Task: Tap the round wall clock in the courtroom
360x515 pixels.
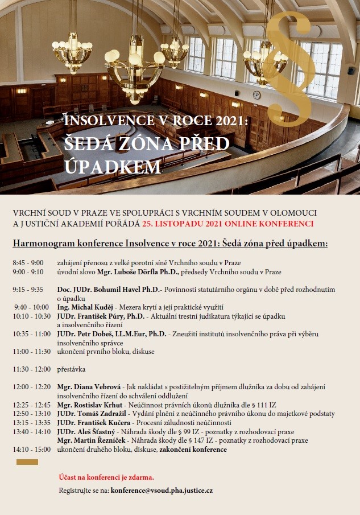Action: click(256, 95)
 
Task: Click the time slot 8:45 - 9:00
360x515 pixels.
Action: click(28, 263)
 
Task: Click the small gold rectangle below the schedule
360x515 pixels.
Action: click(27, 462)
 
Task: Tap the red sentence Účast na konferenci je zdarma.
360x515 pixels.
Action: click(106, 477)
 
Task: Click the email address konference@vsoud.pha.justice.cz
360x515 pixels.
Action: click(162, 490)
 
